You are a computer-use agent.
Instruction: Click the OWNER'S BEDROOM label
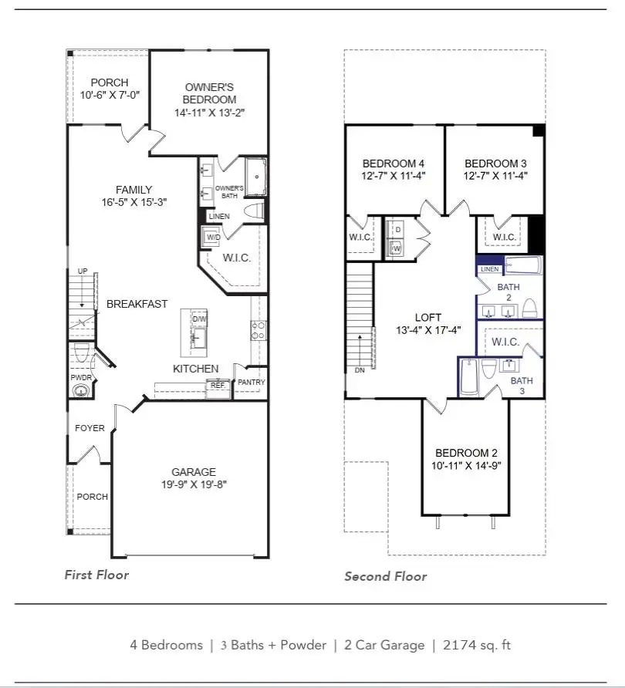210,93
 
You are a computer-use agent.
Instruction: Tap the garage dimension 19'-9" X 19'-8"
194,484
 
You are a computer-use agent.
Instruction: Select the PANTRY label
251,382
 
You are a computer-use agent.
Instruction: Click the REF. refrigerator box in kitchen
218,385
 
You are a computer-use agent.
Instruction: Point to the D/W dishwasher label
199,319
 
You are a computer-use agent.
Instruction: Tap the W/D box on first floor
211,237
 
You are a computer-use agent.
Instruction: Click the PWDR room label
80,378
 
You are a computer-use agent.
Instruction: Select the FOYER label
90,428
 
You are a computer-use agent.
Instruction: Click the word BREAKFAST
137,304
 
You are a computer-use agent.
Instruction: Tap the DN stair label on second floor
359,369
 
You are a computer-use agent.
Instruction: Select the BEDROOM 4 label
393,164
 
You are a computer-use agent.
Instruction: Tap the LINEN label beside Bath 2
489,269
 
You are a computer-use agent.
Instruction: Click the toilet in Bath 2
529,309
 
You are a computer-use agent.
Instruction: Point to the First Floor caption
96,575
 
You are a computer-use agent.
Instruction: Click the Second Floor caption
385,576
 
